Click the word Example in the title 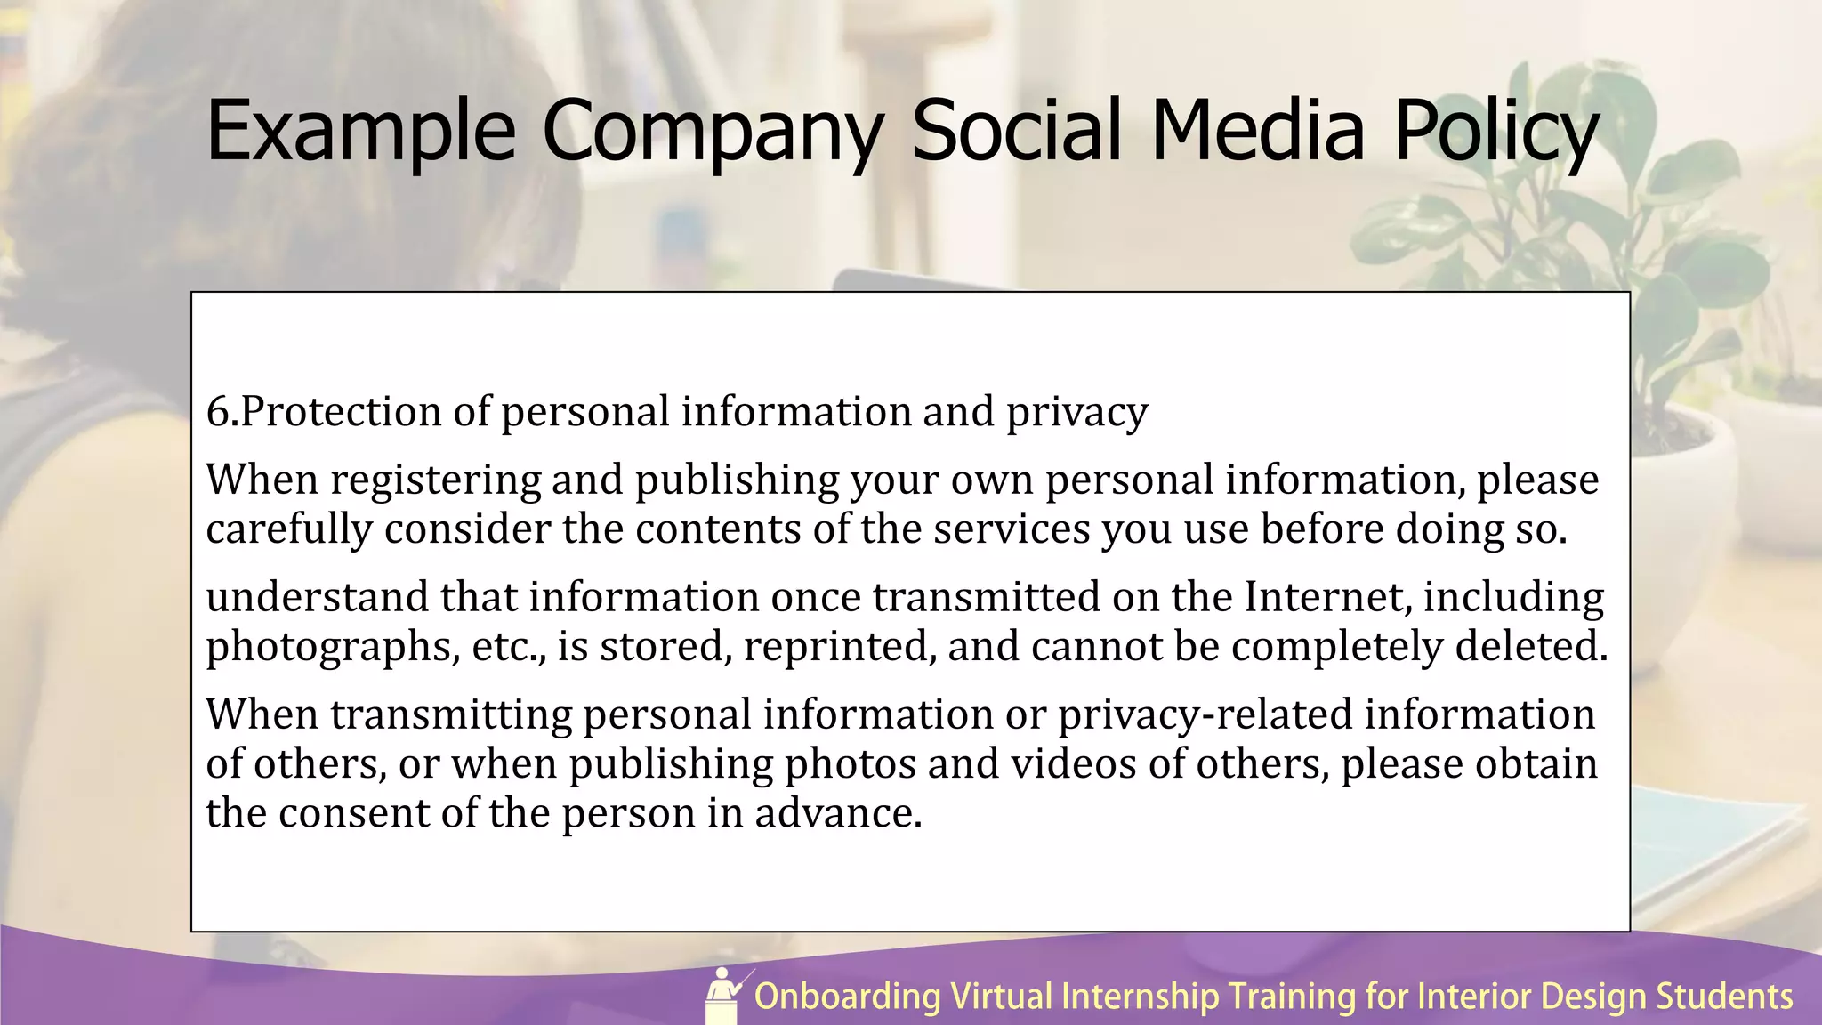pyautogui.click(x=360, y=132)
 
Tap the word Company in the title pyautogui.click(x=712, y=132)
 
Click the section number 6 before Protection pyautogui.click(x=217, y=412)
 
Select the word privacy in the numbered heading pyautogui.click(x=1076, y=412)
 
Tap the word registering pyautogui.click(x=435, y=480)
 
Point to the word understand pyautogui.click(x=317, y=597)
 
